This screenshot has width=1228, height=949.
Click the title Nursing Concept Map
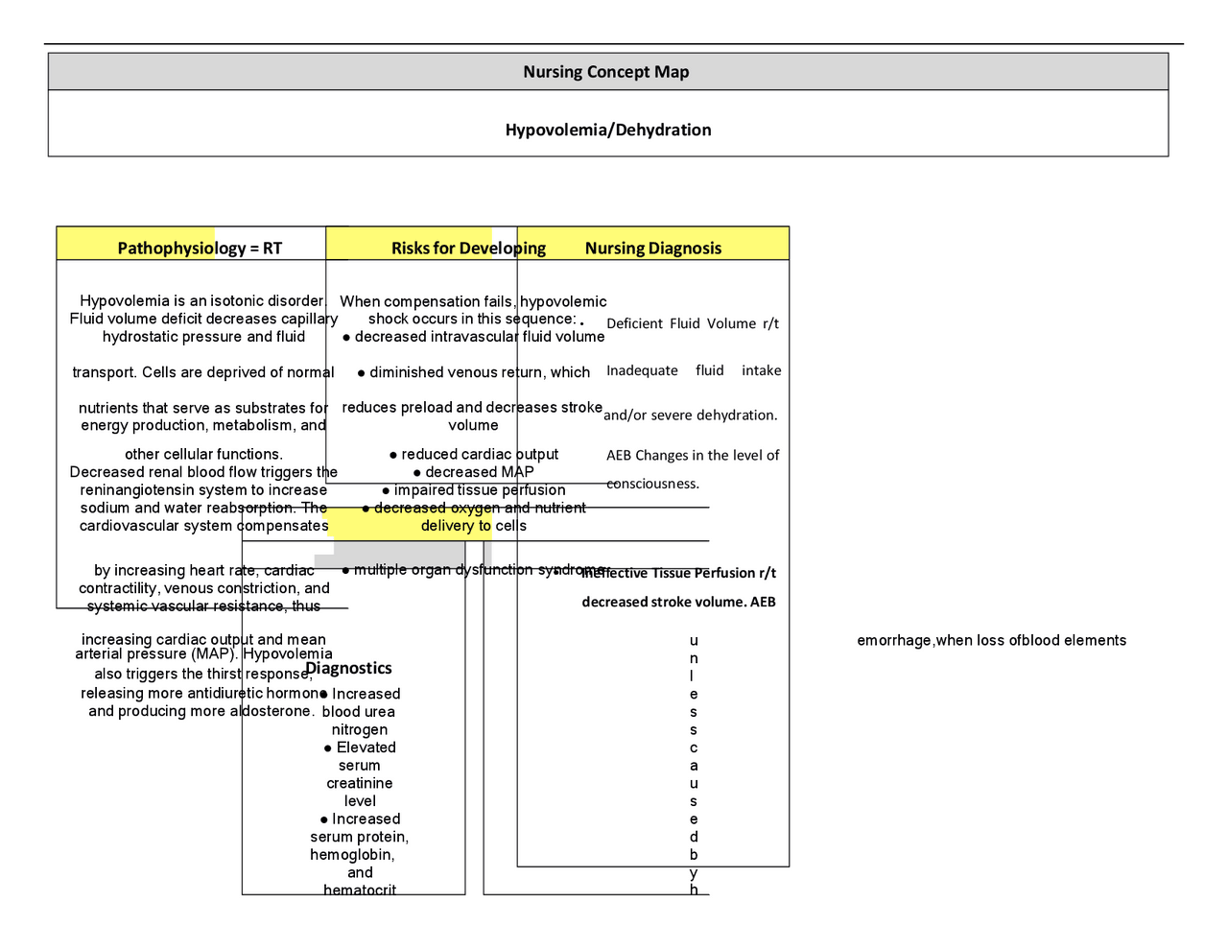605,72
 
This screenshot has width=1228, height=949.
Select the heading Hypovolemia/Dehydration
608,130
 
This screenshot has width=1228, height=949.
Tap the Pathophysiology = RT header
200,249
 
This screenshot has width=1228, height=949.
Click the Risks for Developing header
468,249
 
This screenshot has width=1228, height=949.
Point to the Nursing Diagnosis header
652,249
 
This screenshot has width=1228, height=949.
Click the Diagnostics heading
348,668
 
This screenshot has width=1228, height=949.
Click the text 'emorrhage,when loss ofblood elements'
991,640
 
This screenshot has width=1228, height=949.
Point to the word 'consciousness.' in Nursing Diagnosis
652,484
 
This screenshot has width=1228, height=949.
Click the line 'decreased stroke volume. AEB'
678,602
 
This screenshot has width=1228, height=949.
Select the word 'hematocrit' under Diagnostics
360,890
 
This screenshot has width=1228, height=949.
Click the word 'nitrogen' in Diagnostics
360,729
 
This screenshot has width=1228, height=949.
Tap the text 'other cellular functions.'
203,454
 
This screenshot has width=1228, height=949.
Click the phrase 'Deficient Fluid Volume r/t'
692,323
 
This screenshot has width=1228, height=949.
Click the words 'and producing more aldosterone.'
201,711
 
